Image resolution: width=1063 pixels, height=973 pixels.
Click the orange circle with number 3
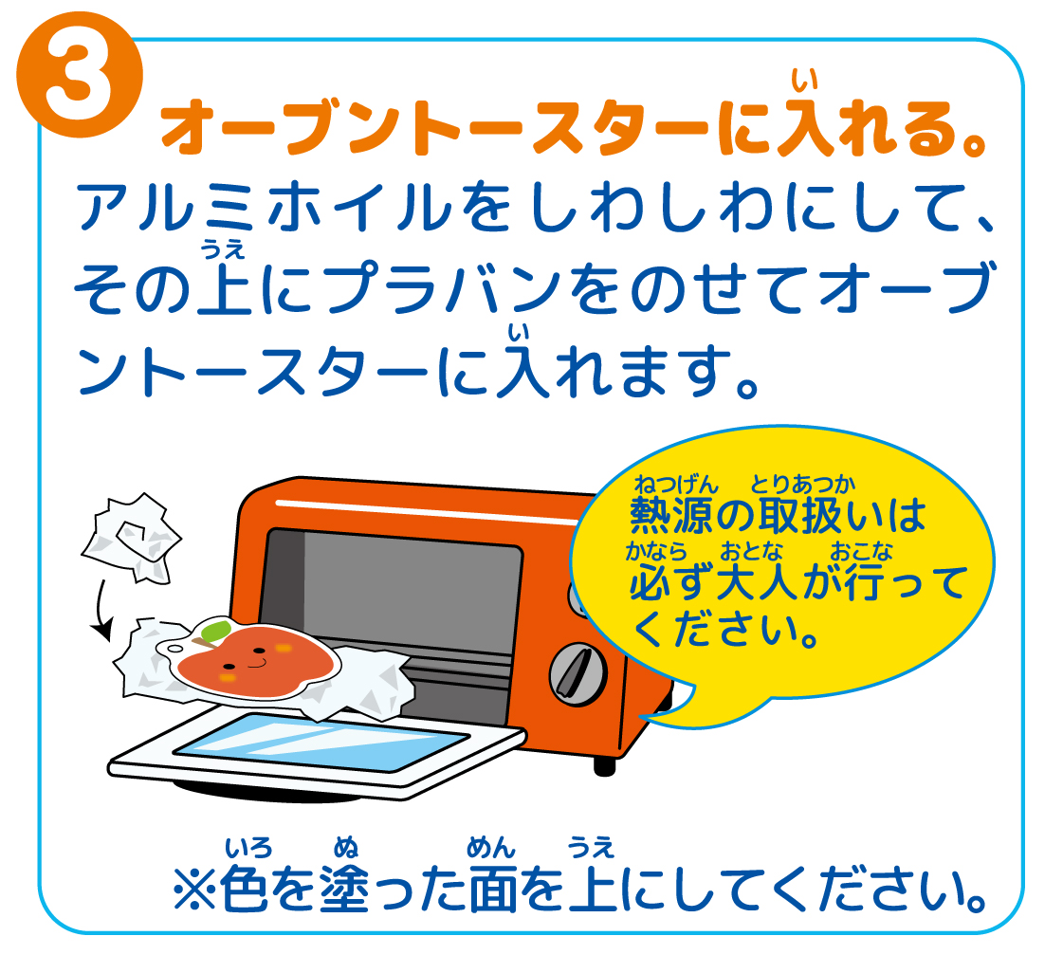tap(80, 75)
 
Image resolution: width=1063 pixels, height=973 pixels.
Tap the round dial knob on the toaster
tap(577, 674)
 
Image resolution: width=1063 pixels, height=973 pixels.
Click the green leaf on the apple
tap(216, 632)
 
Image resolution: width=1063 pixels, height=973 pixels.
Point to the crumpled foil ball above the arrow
tap(131, 538)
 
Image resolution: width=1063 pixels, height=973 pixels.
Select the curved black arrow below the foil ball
tap(100, 609)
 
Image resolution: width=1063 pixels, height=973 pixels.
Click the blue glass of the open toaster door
tap(320, 742)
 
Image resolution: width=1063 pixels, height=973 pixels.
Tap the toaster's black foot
tap(604, 765)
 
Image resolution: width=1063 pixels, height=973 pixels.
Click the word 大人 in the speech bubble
tap(757, 583)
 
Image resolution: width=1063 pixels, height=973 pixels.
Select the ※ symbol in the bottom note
tap(194, 890)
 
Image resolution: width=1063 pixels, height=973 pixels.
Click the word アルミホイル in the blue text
tap(264, 207)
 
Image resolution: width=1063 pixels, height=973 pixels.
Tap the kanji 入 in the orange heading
tap(804, 127)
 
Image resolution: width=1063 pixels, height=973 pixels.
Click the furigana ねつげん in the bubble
tap(675, 484)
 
